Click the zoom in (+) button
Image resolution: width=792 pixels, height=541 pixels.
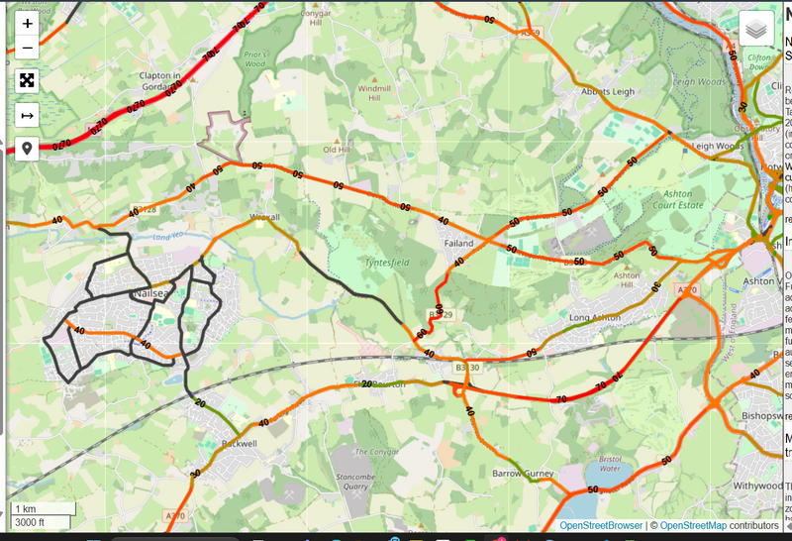coord(27,23)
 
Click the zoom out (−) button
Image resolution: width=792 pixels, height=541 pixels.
coord(27,47)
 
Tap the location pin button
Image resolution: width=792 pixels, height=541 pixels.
coord(27,149)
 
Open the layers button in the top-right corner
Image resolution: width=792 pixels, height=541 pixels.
coord(756,29)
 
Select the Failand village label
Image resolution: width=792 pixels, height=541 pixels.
coord(458,242)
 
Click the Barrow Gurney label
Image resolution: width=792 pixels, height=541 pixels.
coord(524,474)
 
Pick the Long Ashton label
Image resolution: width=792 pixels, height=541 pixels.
coord(594,317)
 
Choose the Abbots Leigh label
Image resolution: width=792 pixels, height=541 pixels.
coord(609,91)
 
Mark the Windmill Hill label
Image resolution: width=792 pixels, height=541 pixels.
coord(373,93)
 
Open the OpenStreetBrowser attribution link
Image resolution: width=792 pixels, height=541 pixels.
coord(601,525)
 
